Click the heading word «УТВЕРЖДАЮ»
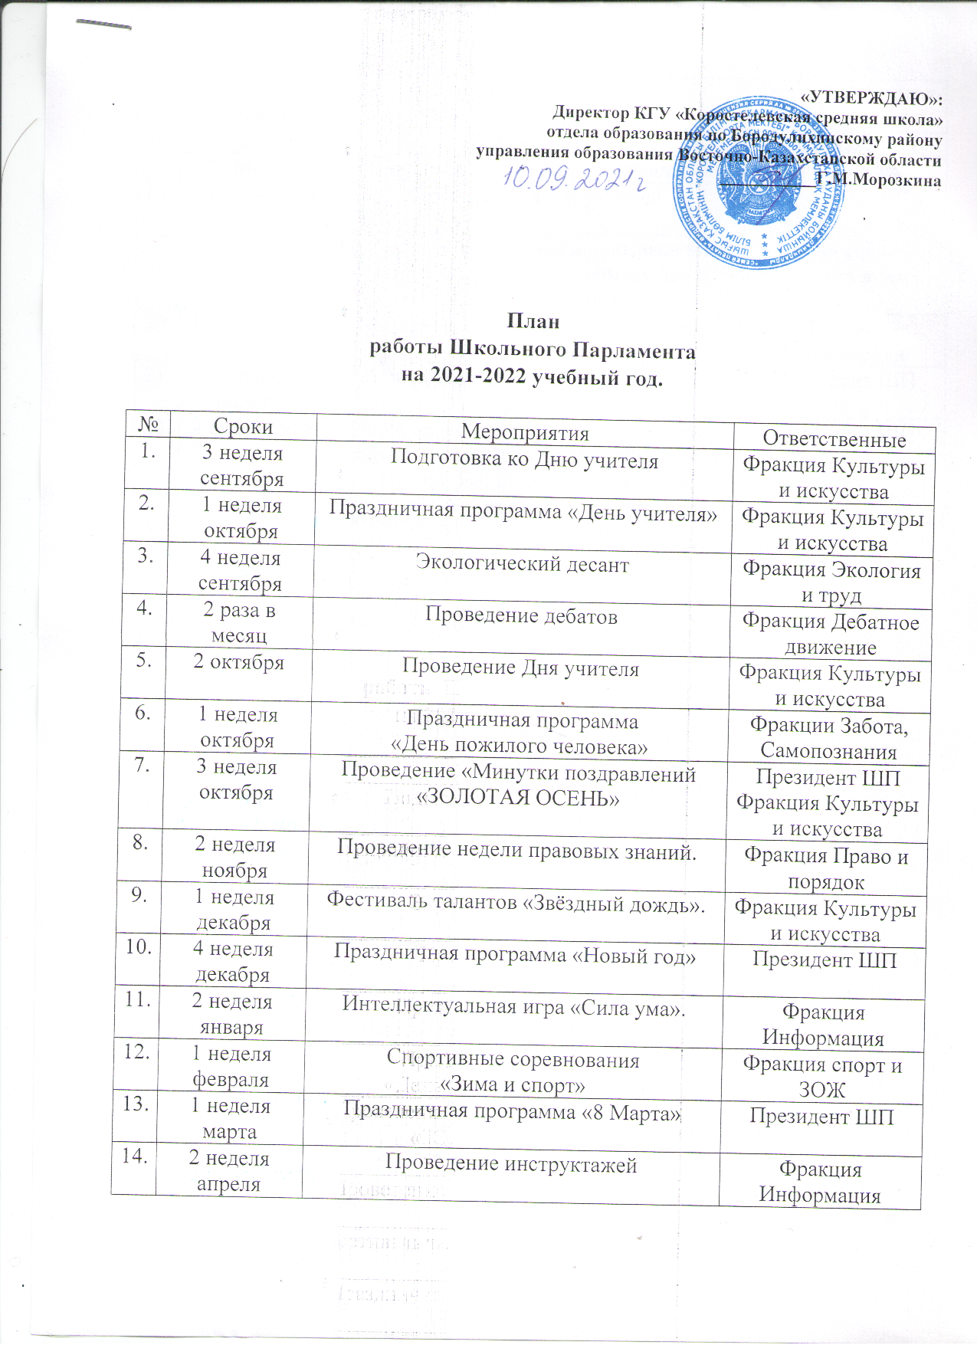click(x=871, y=99)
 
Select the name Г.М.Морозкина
click(x=878, y=179)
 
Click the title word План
click(x=533, y=321)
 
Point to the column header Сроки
click(x=243, y=427)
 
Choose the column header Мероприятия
click(x=525, y=433)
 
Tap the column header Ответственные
click(x=834, y=439)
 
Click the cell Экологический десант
click(x=522, y=565)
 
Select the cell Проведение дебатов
click(x=521, y=616)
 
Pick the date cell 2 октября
click(x=238, y=662)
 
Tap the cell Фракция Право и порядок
click(x=826, y=869)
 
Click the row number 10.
click(x=139, y=947)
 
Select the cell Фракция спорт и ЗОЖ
click(x=822, y=1077)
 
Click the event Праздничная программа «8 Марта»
click(x=513, y=1112)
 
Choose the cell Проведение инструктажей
click(x=511, y=1165)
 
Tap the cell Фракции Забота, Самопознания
click(x=828, y=737)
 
